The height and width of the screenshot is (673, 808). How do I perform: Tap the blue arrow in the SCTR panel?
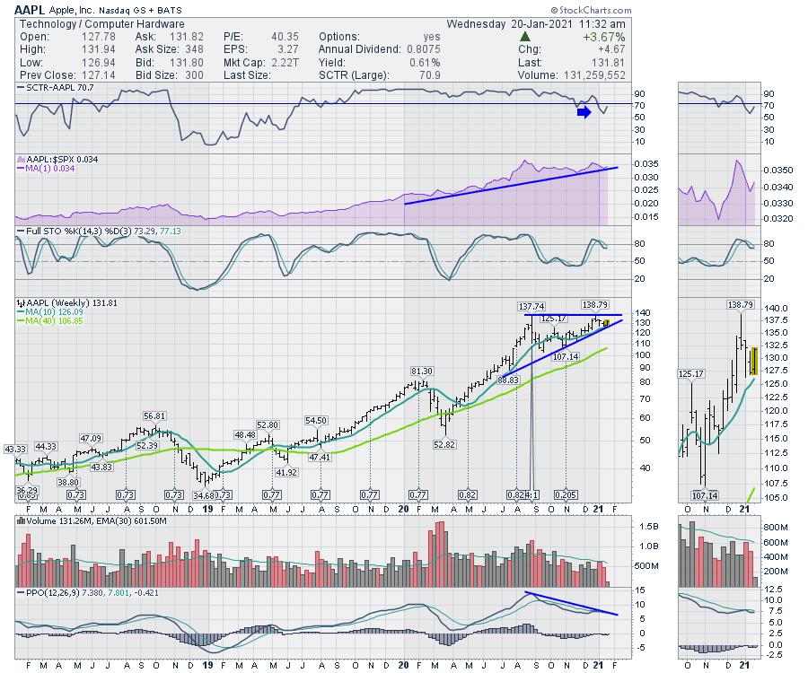pos(584,112)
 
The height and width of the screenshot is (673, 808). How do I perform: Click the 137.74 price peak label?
pos(531,307)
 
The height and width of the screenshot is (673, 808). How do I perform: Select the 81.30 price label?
pos(422,371)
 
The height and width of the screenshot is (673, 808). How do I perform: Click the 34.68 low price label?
pos(206,494)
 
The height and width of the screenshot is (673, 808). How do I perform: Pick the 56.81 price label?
pos(154,416)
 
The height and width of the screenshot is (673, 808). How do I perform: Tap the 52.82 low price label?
pos(446,443)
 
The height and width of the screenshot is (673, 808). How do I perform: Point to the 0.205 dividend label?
pos(566,494)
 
